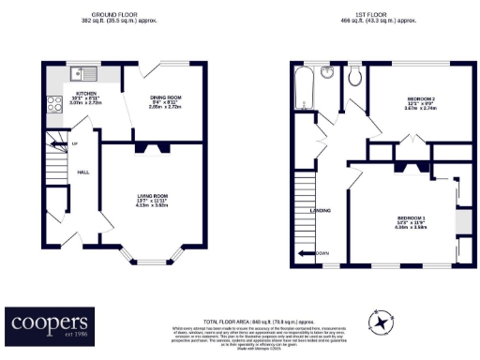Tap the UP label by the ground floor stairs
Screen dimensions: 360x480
pos(74,143)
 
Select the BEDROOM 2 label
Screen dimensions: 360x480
pos(421,99)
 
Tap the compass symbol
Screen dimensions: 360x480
pos(381,322)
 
